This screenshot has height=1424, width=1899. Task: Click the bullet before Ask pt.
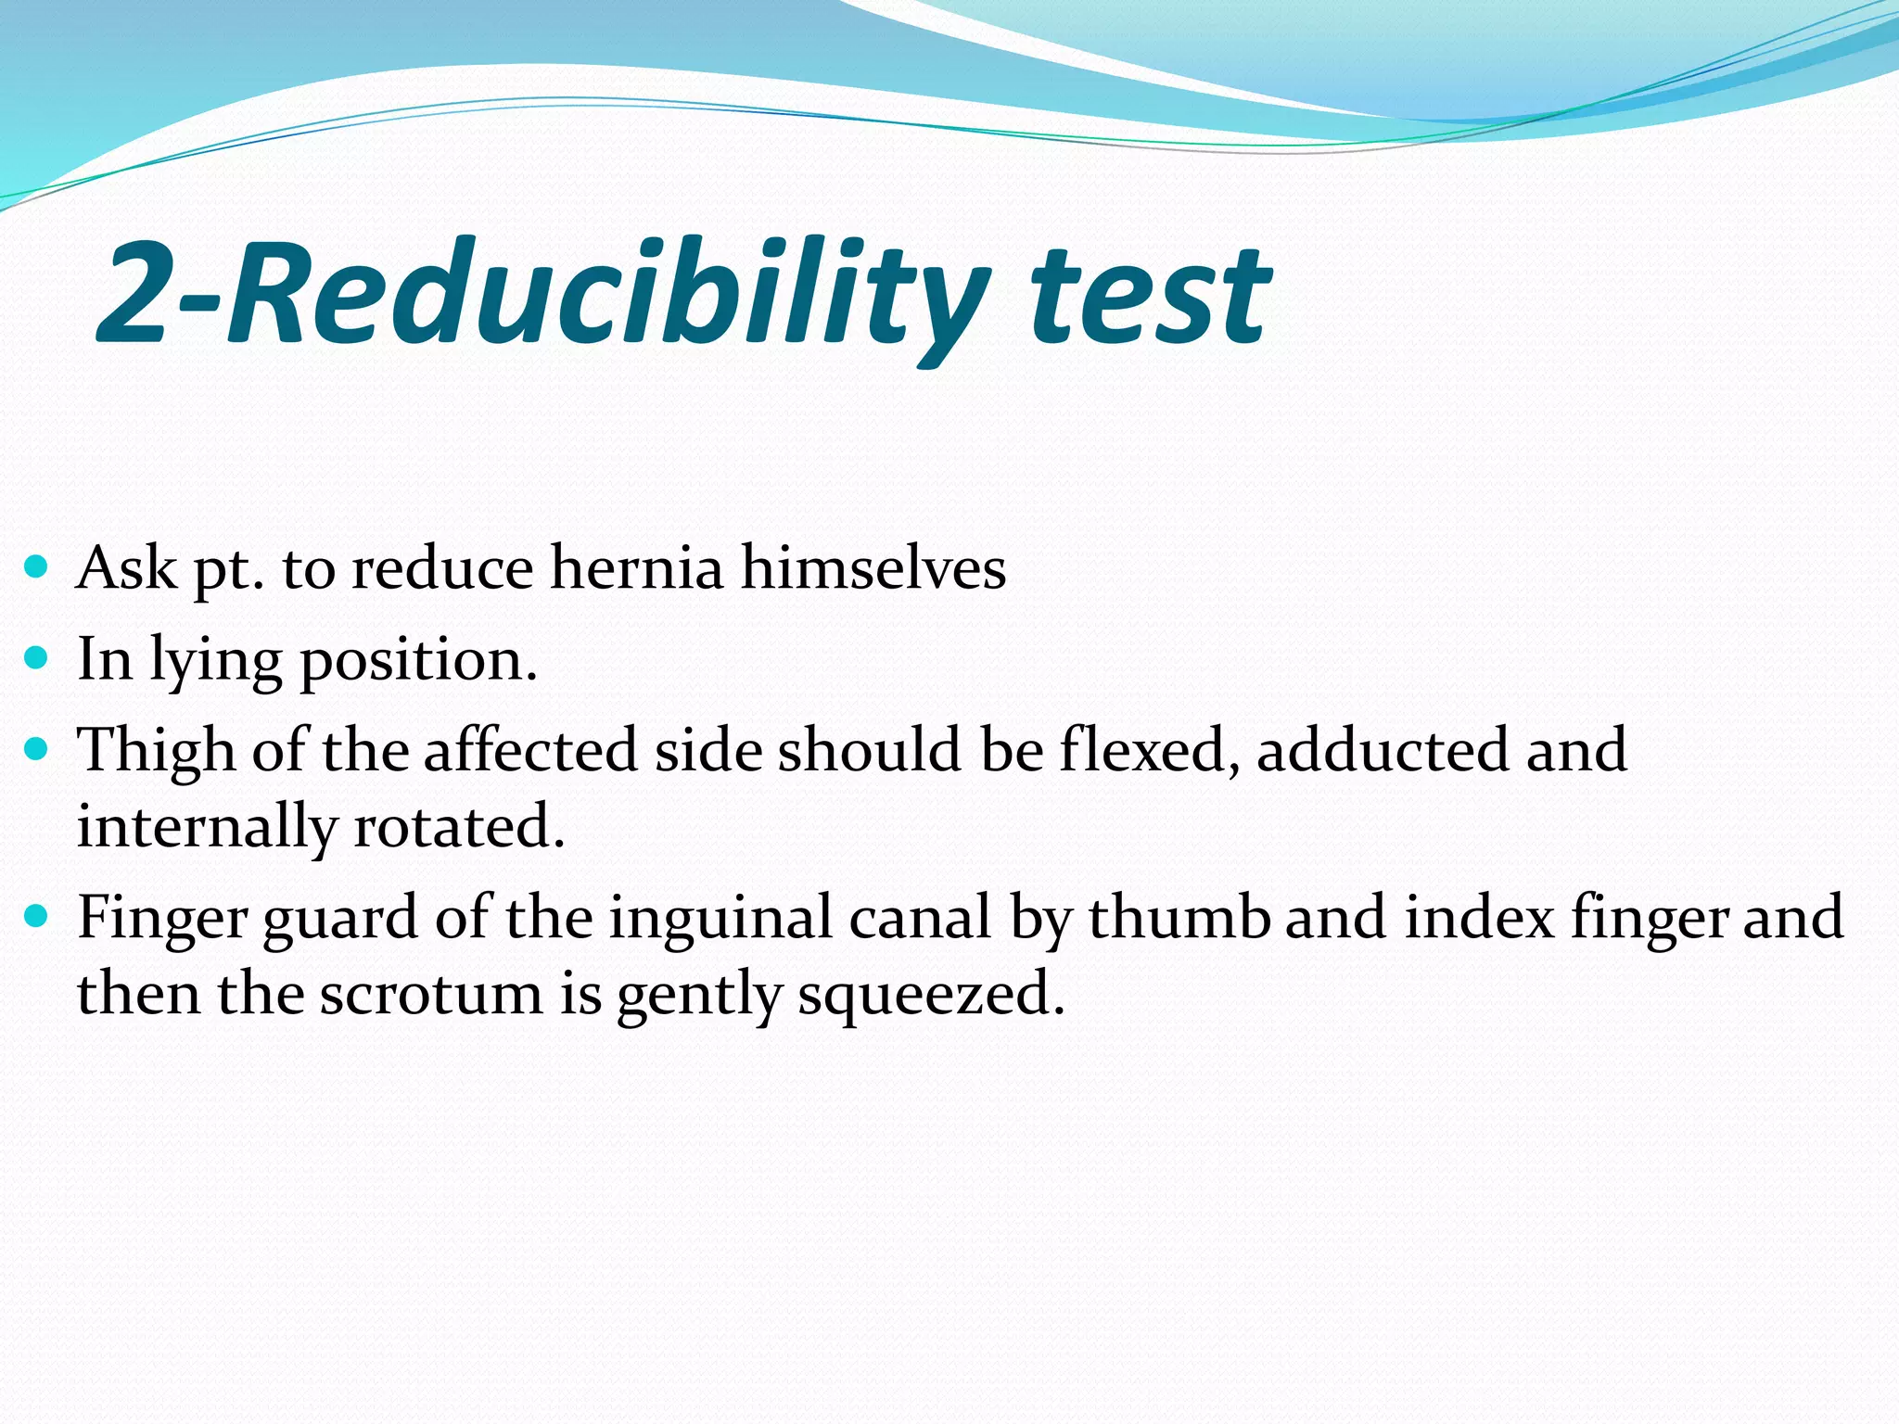[36, 566]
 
